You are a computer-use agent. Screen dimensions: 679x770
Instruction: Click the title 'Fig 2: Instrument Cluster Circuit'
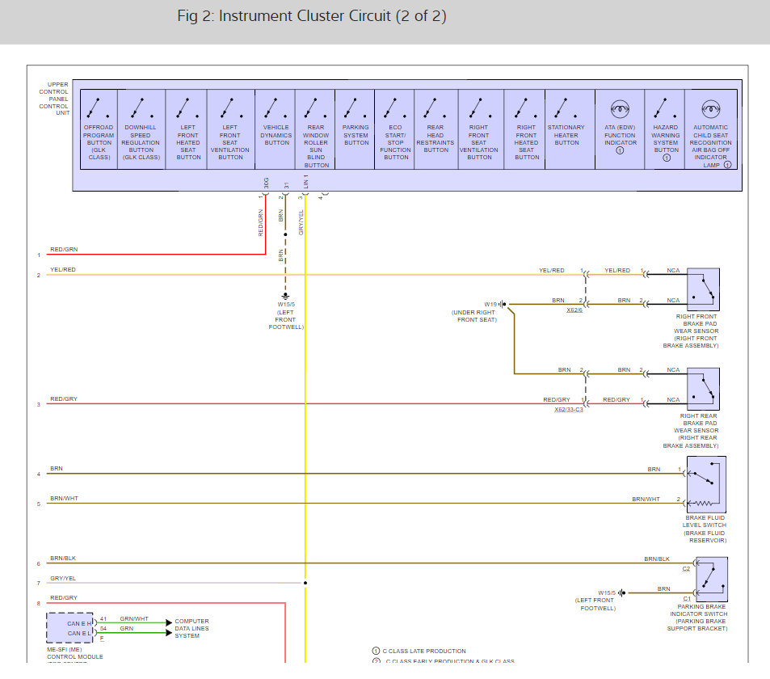coord(311,16)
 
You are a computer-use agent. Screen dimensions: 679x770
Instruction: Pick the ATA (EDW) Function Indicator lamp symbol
coord(620,108)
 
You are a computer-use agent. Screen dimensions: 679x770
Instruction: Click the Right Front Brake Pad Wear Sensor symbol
coord(703,289)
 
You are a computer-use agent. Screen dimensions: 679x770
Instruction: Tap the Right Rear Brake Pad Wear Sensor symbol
coord(703,388)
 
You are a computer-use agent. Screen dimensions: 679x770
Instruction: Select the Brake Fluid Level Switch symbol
coord(706,483)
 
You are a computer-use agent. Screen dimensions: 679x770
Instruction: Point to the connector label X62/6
coord(574,310)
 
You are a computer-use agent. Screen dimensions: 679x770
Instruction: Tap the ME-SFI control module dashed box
coord(69,626)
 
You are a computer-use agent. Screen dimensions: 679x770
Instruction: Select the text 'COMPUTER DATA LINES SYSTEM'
coord(191,628)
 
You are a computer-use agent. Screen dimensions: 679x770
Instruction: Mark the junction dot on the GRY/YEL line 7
coord(305,582)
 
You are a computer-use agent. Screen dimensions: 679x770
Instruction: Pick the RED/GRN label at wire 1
coord(64,250)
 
